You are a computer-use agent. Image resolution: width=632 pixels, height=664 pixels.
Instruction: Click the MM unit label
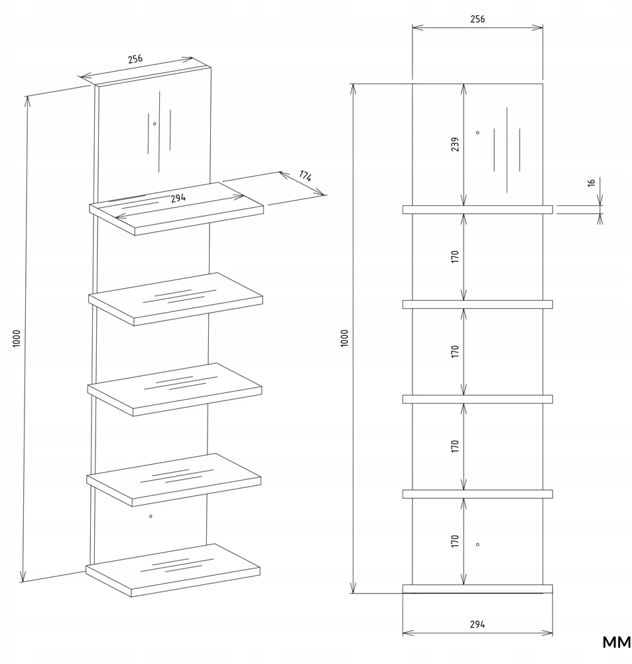click(x=616, y=642)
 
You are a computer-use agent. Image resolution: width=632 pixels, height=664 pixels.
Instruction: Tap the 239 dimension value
click(x=455, y=144)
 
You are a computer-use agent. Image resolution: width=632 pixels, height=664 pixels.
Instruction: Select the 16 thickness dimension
click(x=592, y=183)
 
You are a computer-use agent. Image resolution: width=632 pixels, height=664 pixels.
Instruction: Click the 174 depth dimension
click(x=305, y=175)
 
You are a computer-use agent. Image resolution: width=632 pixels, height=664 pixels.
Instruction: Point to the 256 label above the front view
click(x=477, y=19)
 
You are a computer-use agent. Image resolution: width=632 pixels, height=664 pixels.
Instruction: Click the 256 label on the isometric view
click(x=135, y=59)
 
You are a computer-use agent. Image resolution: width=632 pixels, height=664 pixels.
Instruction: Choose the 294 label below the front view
click(x=477, y=624)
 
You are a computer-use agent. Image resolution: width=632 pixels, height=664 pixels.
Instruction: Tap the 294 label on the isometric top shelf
click(x=178, y=198)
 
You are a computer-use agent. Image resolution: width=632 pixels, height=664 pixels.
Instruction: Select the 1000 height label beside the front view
click(x=344, y=339)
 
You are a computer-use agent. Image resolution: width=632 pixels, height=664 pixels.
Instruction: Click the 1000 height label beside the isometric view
click(x=16, y=339)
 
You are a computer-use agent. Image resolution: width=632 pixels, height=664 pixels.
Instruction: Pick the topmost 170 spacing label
click(x=455, y=256)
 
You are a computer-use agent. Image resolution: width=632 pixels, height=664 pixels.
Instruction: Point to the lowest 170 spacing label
click(x=455, y=541)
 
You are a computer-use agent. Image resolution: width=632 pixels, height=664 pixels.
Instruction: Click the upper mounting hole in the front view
click(x=477, y=133)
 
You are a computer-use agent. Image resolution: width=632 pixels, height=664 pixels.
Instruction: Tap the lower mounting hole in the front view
click(x=477, y=544)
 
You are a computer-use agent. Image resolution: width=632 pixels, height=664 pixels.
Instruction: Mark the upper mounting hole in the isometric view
click(x=155, y=124)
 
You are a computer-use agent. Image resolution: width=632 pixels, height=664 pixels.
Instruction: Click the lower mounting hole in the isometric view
click(x=151, y=516)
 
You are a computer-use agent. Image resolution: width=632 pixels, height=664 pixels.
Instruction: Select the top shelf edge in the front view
click(x=477, y=210)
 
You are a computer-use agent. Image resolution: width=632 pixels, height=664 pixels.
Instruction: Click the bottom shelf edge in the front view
click(x=477, y=588)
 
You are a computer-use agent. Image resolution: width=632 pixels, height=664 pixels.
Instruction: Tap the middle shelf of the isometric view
click(x=174, y=389)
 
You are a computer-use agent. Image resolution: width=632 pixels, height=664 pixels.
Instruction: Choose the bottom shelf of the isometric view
click(x=173, y=570)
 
